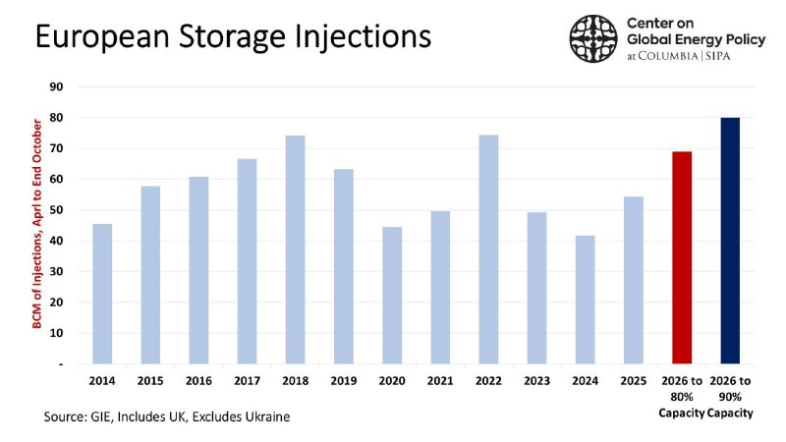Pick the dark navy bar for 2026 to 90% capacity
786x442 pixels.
(x=729, y=241)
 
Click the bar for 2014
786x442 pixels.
(x=102, y=294)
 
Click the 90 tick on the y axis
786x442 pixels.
(x=57, y=87)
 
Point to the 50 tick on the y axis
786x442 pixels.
(x=57, y=210)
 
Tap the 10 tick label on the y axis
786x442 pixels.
(x=57, y=334)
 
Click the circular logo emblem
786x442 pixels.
(x=592, y=38)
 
